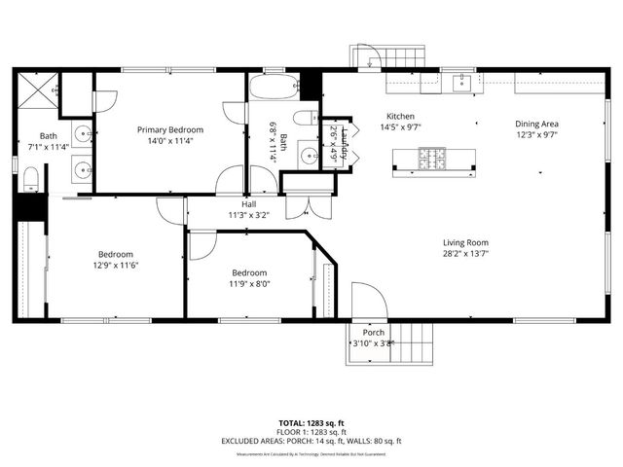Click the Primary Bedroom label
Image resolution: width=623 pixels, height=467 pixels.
[x=169, y=130]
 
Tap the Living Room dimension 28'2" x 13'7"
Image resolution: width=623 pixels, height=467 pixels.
[x=465, y=253]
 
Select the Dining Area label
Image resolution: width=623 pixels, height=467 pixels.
[x=536, y=124]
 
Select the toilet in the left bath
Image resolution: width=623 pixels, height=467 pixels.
[x=30, y=176]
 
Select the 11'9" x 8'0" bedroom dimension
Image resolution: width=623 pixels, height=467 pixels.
[x=250, y=284]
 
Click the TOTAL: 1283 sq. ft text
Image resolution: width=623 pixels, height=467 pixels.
[x=311, y=423]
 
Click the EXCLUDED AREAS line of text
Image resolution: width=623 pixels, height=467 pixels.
[x=311, y=441]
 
